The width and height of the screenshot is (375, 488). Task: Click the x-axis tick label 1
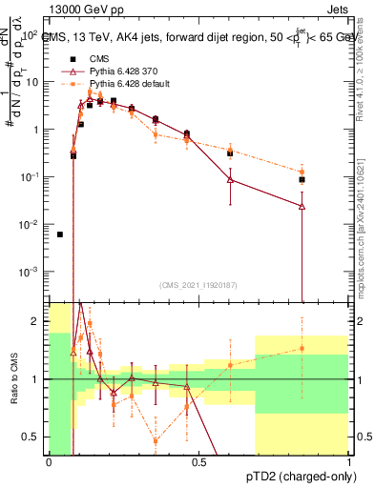pyautogui.click(x=347, y=462)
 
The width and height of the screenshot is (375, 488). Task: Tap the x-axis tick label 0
pyautogui.click(x=49, y=462)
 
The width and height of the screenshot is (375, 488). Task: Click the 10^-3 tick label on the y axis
pyautogui.click(x=31, y=272)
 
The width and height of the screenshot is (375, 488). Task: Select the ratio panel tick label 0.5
pyautogui.click(x=34, y=437)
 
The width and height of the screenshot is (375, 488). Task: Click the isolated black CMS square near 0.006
pyautogui.click(x=60, y=234)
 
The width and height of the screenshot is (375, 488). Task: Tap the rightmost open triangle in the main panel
pyautogui.click(x=302, y=206)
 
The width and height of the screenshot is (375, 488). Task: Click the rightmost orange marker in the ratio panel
pyautogui.click(x=302, y=349)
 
